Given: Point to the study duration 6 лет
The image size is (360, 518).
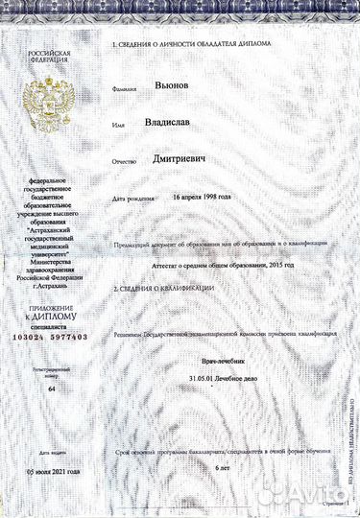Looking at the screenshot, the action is pyautogui.click(x=224, y=466).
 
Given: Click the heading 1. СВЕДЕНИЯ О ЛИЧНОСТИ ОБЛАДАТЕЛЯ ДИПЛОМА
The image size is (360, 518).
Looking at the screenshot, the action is pyautogui.click(x=191, y=44).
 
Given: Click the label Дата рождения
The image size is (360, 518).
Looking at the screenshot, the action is pyautogui.click(x=132, y=199).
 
